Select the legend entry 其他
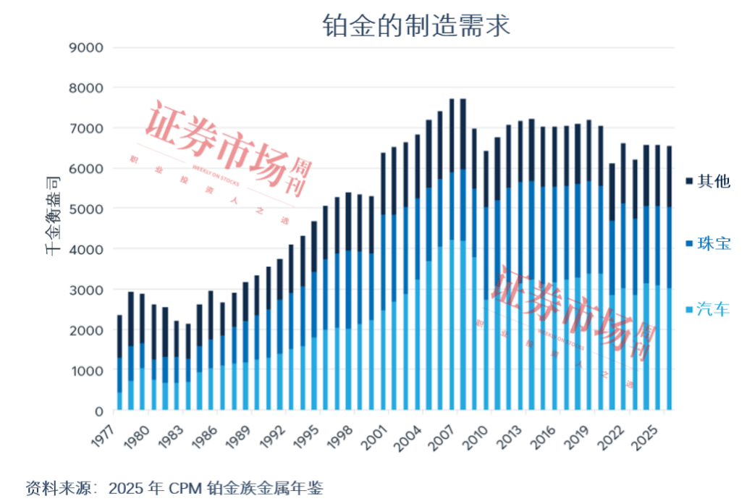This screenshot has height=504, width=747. [x=713, y=181]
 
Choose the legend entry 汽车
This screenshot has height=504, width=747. [x=713, y=310]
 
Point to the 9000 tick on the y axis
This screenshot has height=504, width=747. [x=86, y=48]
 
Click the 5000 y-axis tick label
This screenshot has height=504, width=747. [x=86, y=209]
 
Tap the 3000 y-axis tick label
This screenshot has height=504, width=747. [x=86, y=290]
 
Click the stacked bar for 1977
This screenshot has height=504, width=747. [x=119, y=362]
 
